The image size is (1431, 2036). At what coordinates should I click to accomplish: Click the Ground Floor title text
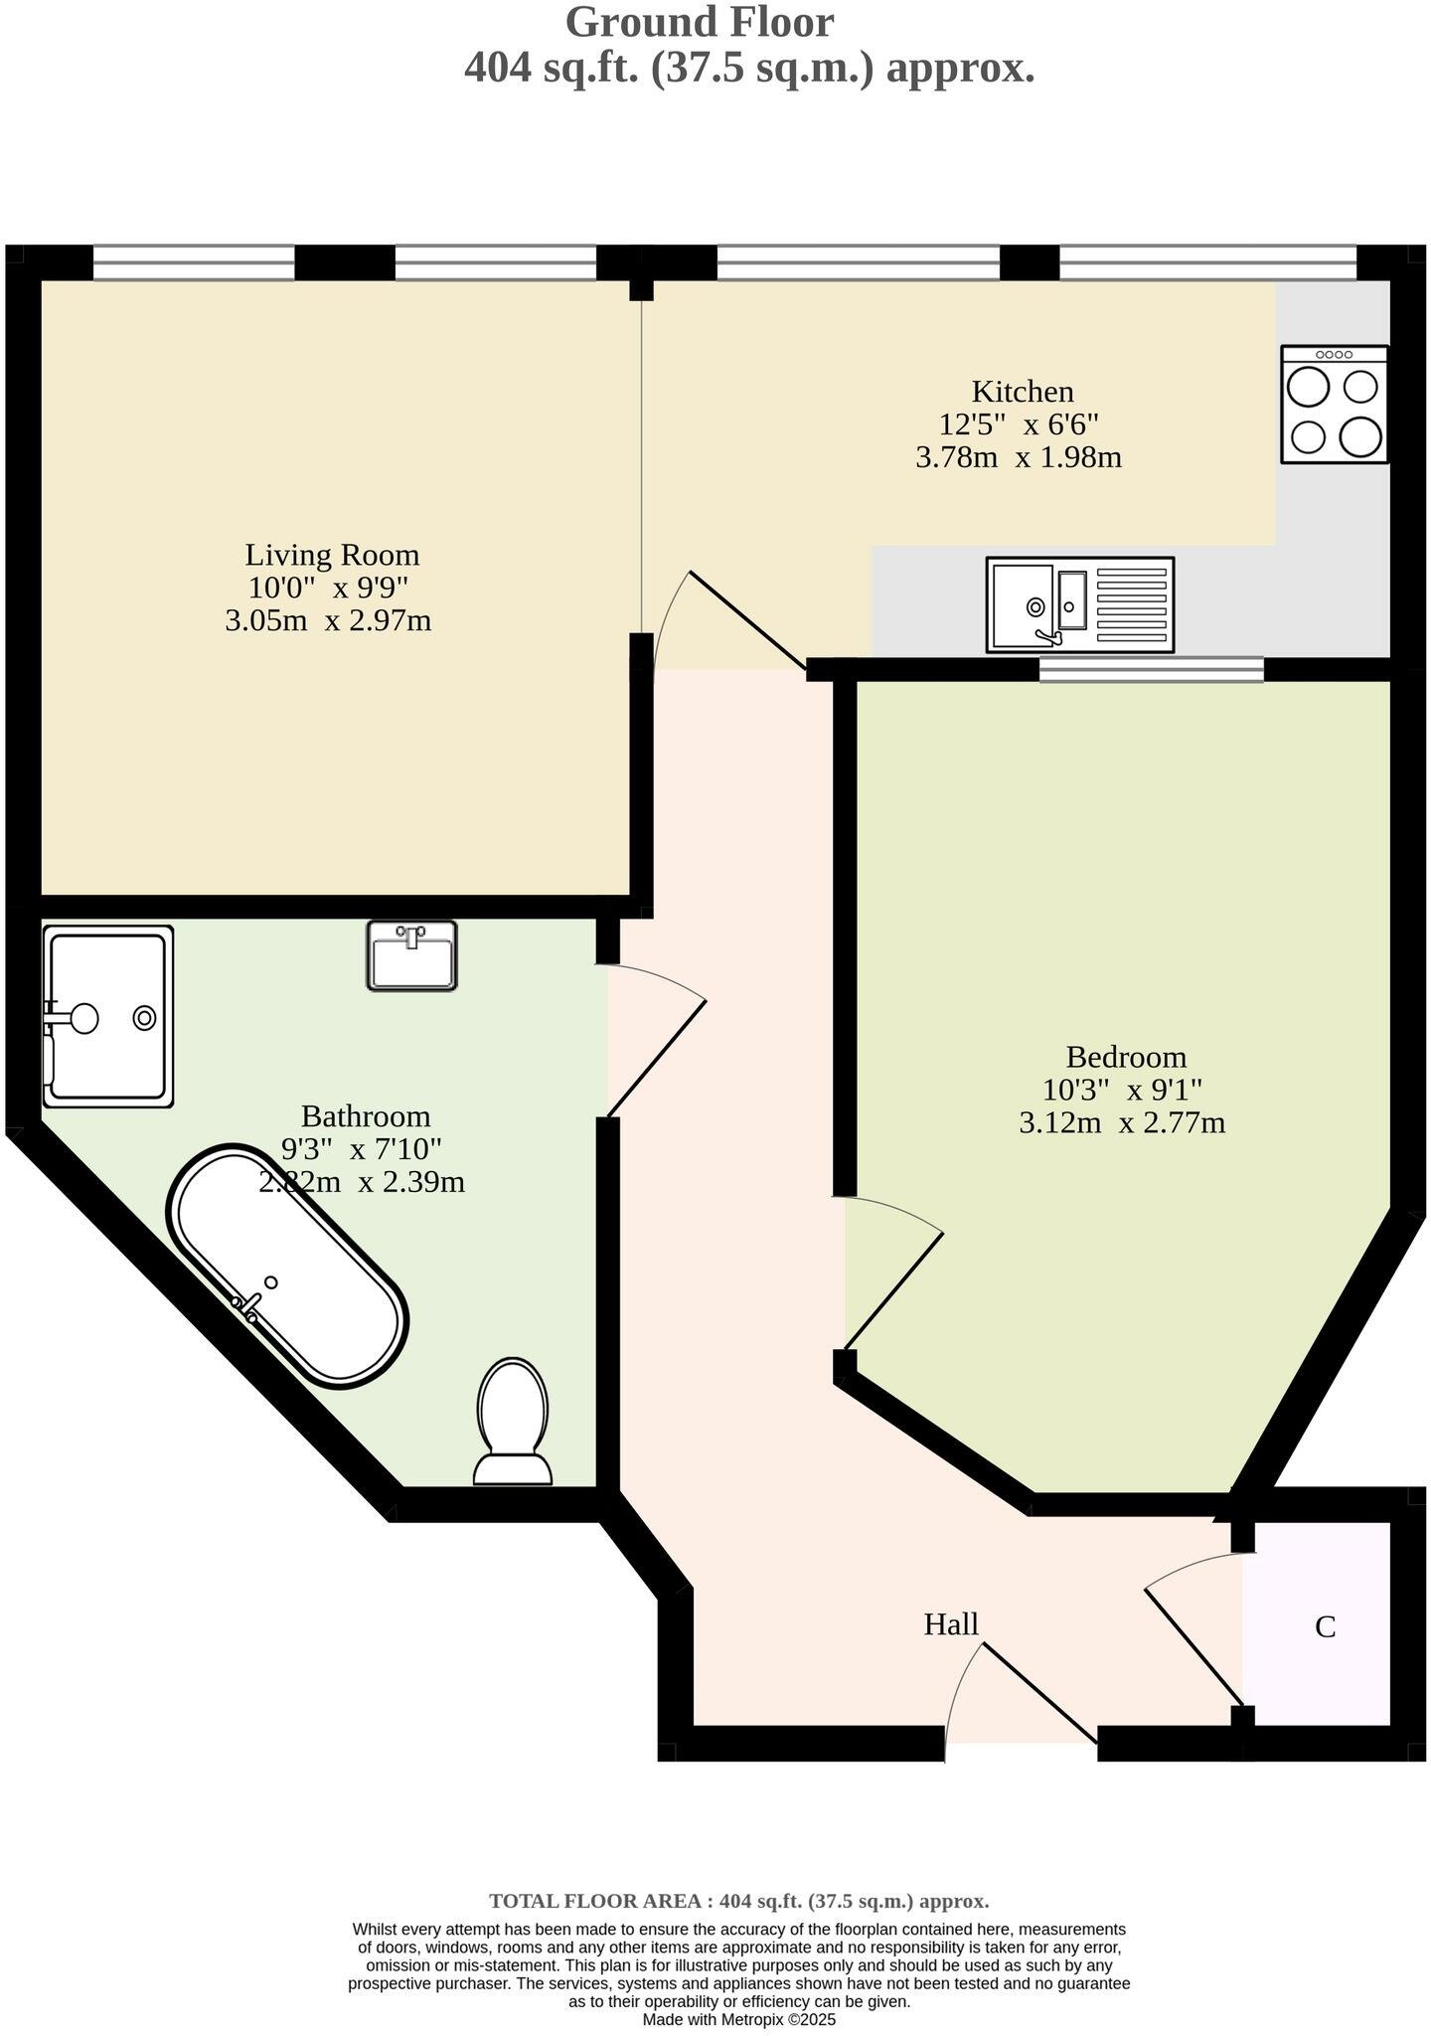pyautogui.click(x=700, y=22)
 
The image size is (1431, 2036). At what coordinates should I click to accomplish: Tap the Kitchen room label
pyautogui.click(x=1023, y=391)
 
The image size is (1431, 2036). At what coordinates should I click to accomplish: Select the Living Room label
pyautogui.click(x=332, y=554)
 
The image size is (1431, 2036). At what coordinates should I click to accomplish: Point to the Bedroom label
pyautogui.click(x=1126, y=1056)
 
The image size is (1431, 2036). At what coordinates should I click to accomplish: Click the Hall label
pyautogui.click(x=951, y=1624)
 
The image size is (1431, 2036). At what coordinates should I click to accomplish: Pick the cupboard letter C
pyautogui.click(x=1325, y=1627)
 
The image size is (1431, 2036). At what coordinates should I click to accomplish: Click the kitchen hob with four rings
pyautogui.click(x=1335, y=405)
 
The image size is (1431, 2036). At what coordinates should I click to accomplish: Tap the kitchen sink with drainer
pyautogui.click(x=1080, y=604)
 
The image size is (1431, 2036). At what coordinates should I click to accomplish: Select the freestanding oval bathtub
pyautogui.click(x=288, y=1268)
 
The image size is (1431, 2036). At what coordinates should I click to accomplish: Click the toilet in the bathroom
pyautogui.click(x=513, y=1422)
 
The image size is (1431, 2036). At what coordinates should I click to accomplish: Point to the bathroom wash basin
pyautogui.click(x=411, y=955)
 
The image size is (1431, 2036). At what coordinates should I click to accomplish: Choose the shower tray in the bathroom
pyautogui.click(x=108, y=1016)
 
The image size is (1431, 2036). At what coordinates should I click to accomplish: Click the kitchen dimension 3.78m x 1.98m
pyautogui.click(x=1019, y=458)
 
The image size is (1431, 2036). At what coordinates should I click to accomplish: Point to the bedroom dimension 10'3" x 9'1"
pyautogui.click(x=1123, y=1090)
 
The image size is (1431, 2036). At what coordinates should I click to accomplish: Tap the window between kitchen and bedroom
pyautogui.click(x=1152, y=670)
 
